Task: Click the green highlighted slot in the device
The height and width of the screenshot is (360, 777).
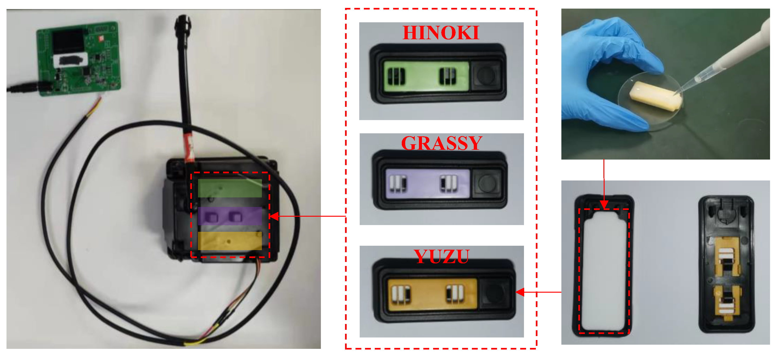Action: point(230,188)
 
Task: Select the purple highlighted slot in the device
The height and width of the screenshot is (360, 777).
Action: point(230,216)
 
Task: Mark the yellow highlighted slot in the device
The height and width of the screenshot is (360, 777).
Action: point(230,241)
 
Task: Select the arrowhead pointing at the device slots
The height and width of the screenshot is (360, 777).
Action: point(273,216)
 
